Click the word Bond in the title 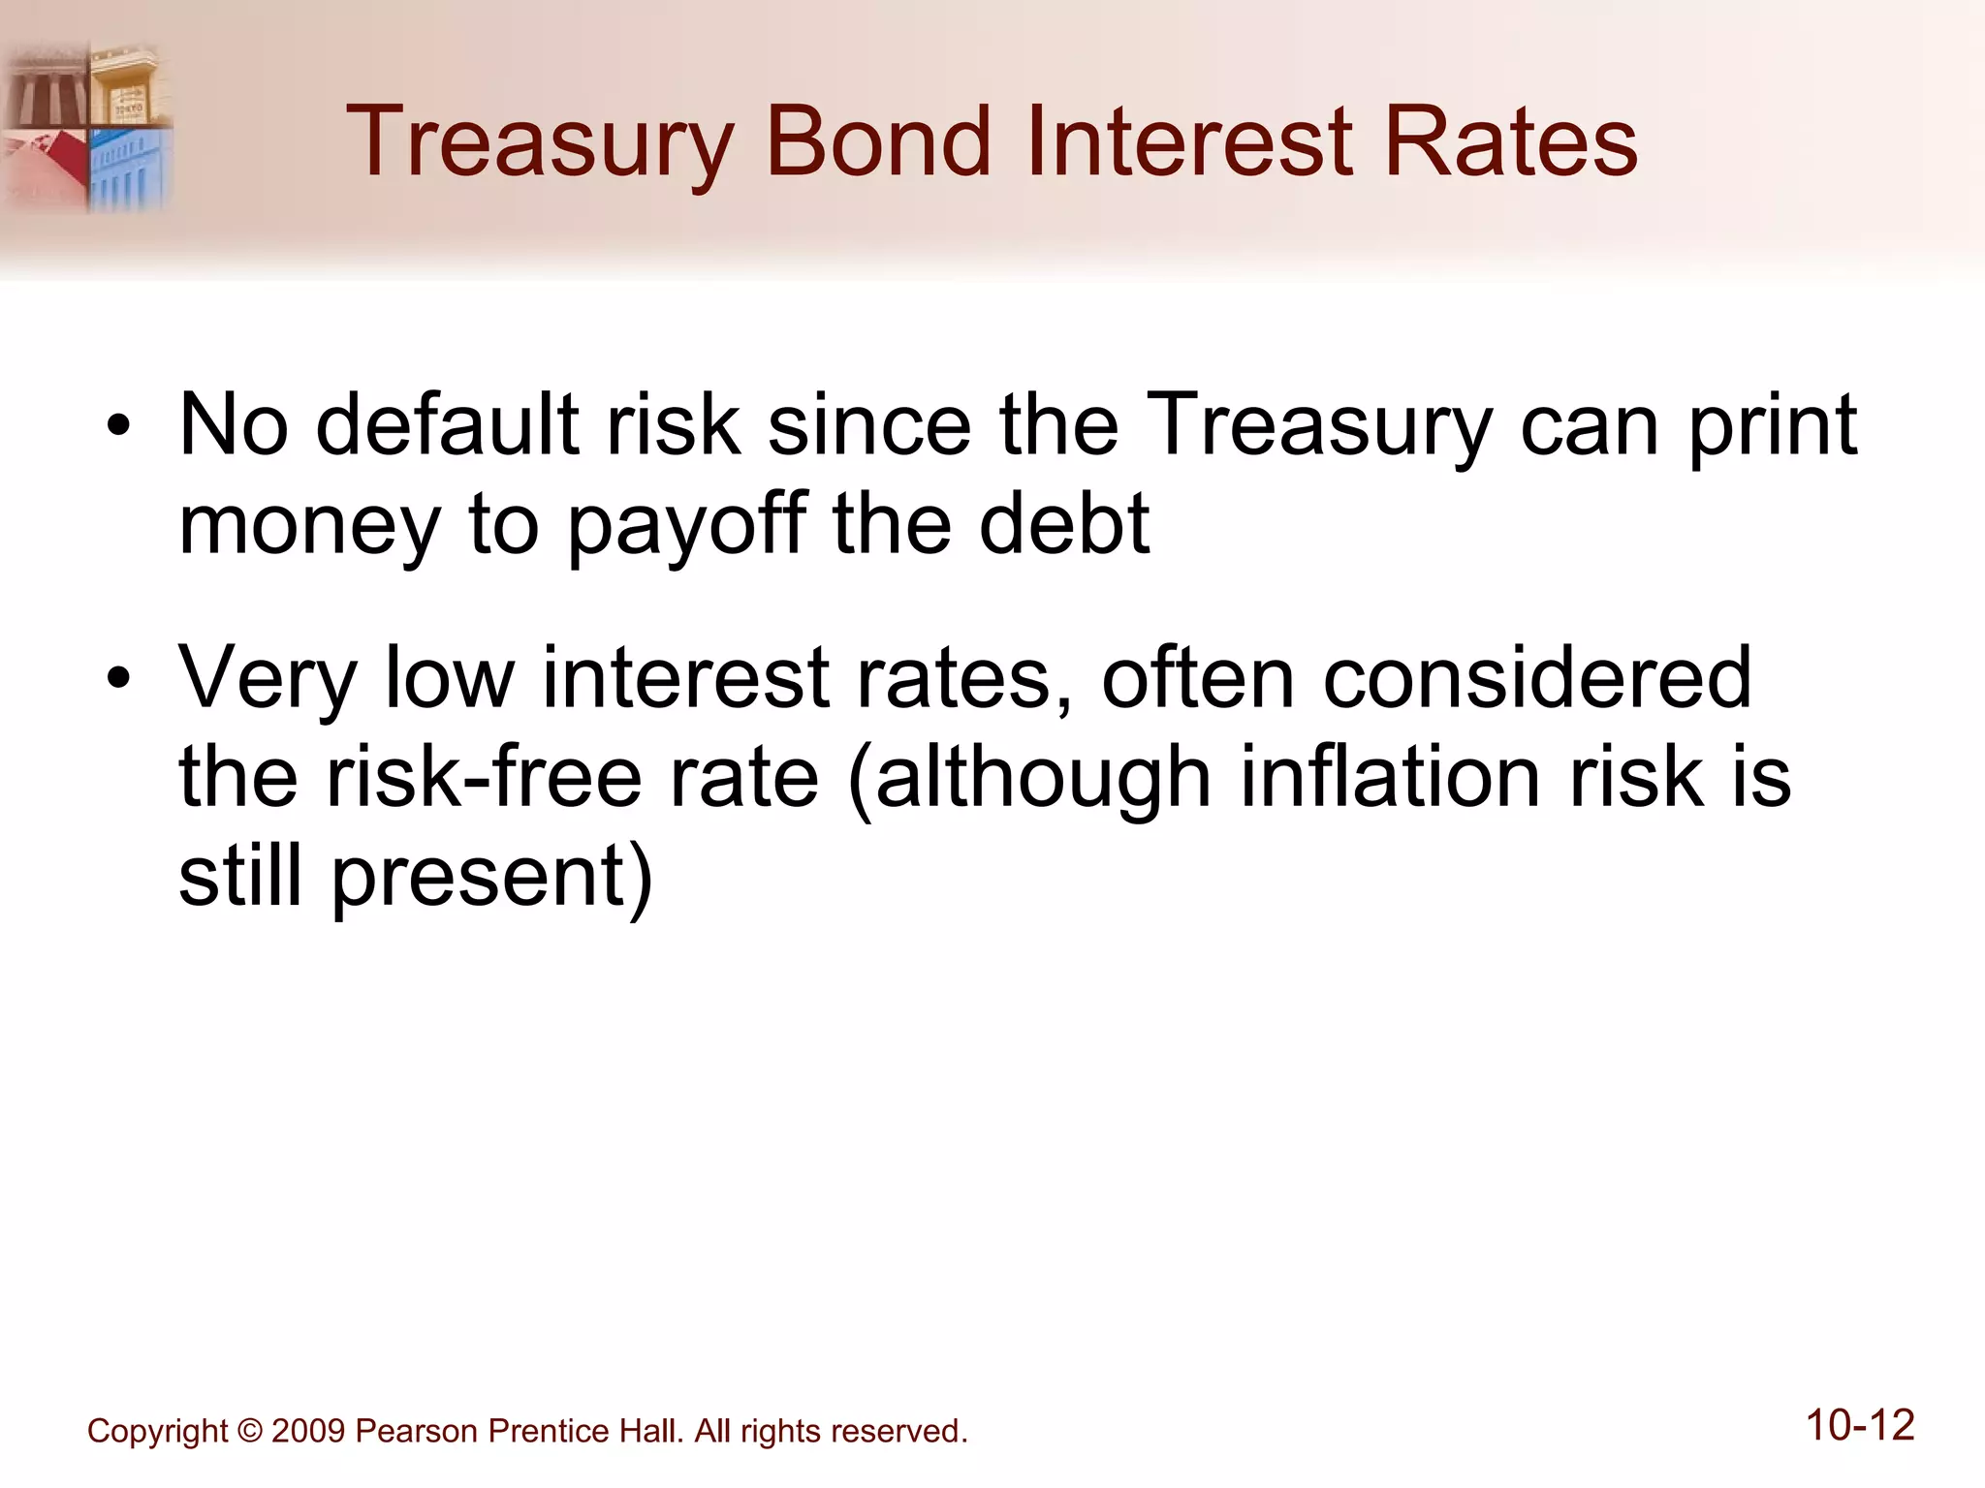pyautogui.click(x=878, y=142)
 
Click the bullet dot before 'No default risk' pyautogui.click(x=118, y=427)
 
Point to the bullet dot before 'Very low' pyautogui.click(x=118, y=678)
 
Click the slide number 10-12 pyautogui.click(x=1859, y=1426)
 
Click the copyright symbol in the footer pyautogui.click(x=249, y=1431)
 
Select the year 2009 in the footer pyautogui.click(x=308, y=1431)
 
